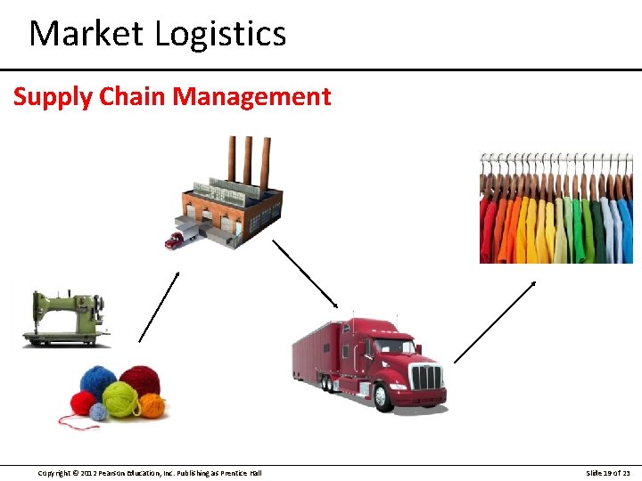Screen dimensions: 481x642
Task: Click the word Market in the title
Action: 86,34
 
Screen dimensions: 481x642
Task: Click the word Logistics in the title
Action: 219,35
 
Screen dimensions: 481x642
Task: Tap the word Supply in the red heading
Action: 52,96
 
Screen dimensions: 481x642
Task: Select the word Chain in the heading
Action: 132,96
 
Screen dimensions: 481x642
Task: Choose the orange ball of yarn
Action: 152,405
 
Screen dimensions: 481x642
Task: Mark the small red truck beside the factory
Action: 174,239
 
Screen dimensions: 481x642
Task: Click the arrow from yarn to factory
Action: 159,306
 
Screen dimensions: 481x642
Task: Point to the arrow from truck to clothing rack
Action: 495,322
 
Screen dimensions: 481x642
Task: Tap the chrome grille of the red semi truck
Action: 426,377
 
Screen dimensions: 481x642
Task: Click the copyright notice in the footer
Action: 150,472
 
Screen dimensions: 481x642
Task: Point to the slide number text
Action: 608,472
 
